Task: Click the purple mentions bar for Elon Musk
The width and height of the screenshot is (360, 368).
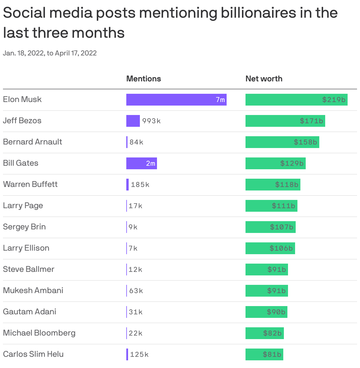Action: point(176,100)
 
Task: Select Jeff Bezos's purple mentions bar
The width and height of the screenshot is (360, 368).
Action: point(133,121)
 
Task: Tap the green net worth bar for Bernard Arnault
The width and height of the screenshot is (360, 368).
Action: point(282,142)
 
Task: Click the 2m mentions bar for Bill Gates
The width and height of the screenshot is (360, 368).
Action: point(141,163)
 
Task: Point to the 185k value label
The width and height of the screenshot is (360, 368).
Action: point(140,185)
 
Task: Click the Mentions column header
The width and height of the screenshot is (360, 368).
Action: point(143,79)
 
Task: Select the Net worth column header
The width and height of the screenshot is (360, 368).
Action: point(264,79)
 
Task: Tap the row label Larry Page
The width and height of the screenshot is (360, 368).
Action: point(23,206)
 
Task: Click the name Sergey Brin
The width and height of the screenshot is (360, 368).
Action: point(24,227)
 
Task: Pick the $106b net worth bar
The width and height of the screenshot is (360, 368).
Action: point(270,248)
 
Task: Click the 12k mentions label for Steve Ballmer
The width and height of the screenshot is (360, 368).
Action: point(135,270)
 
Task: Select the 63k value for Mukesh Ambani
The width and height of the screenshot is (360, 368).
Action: point(136,291)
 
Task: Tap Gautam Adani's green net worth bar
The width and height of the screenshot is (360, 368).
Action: point(266,312)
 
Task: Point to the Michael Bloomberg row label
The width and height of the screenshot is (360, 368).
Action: point(39,333)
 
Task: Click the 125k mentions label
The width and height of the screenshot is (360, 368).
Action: point(139,354)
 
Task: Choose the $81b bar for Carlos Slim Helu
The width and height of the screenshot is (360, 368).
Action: point(264,354)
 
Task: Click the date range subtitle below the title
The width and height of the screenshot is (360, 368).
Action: point(50,53)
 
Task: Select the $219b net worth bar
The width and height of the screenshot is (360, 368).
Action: point(296,100)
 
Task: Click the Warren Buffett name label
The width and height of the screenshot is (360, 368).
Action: point(30,184)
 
